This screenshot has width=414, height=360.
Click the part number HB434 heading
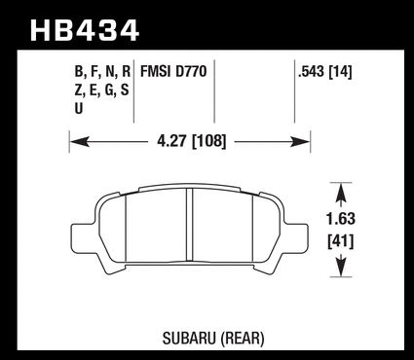[x=85, y=30]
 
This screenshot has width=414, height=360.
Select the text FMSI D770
[x=173, y=71]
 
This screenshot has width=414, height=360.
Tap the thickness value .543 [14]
[x=325, y=71]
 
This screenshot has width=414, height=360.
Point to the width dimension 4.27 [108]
[x=191, y=141]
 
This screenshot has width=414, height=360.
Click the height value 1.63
[x=341, y=219]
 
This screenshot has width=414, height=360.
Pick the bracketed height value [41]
[x=341, y=241]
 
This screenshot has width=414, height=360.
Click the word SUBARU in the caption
[x=189, y=339]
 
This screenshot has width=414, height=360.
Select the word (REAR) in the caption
[x=243, y=339]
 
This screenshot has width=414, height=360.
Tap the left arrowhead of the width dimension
[x=80, y=142]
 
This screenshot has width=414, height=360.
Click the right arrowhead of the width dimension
[x=300, y=142]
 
